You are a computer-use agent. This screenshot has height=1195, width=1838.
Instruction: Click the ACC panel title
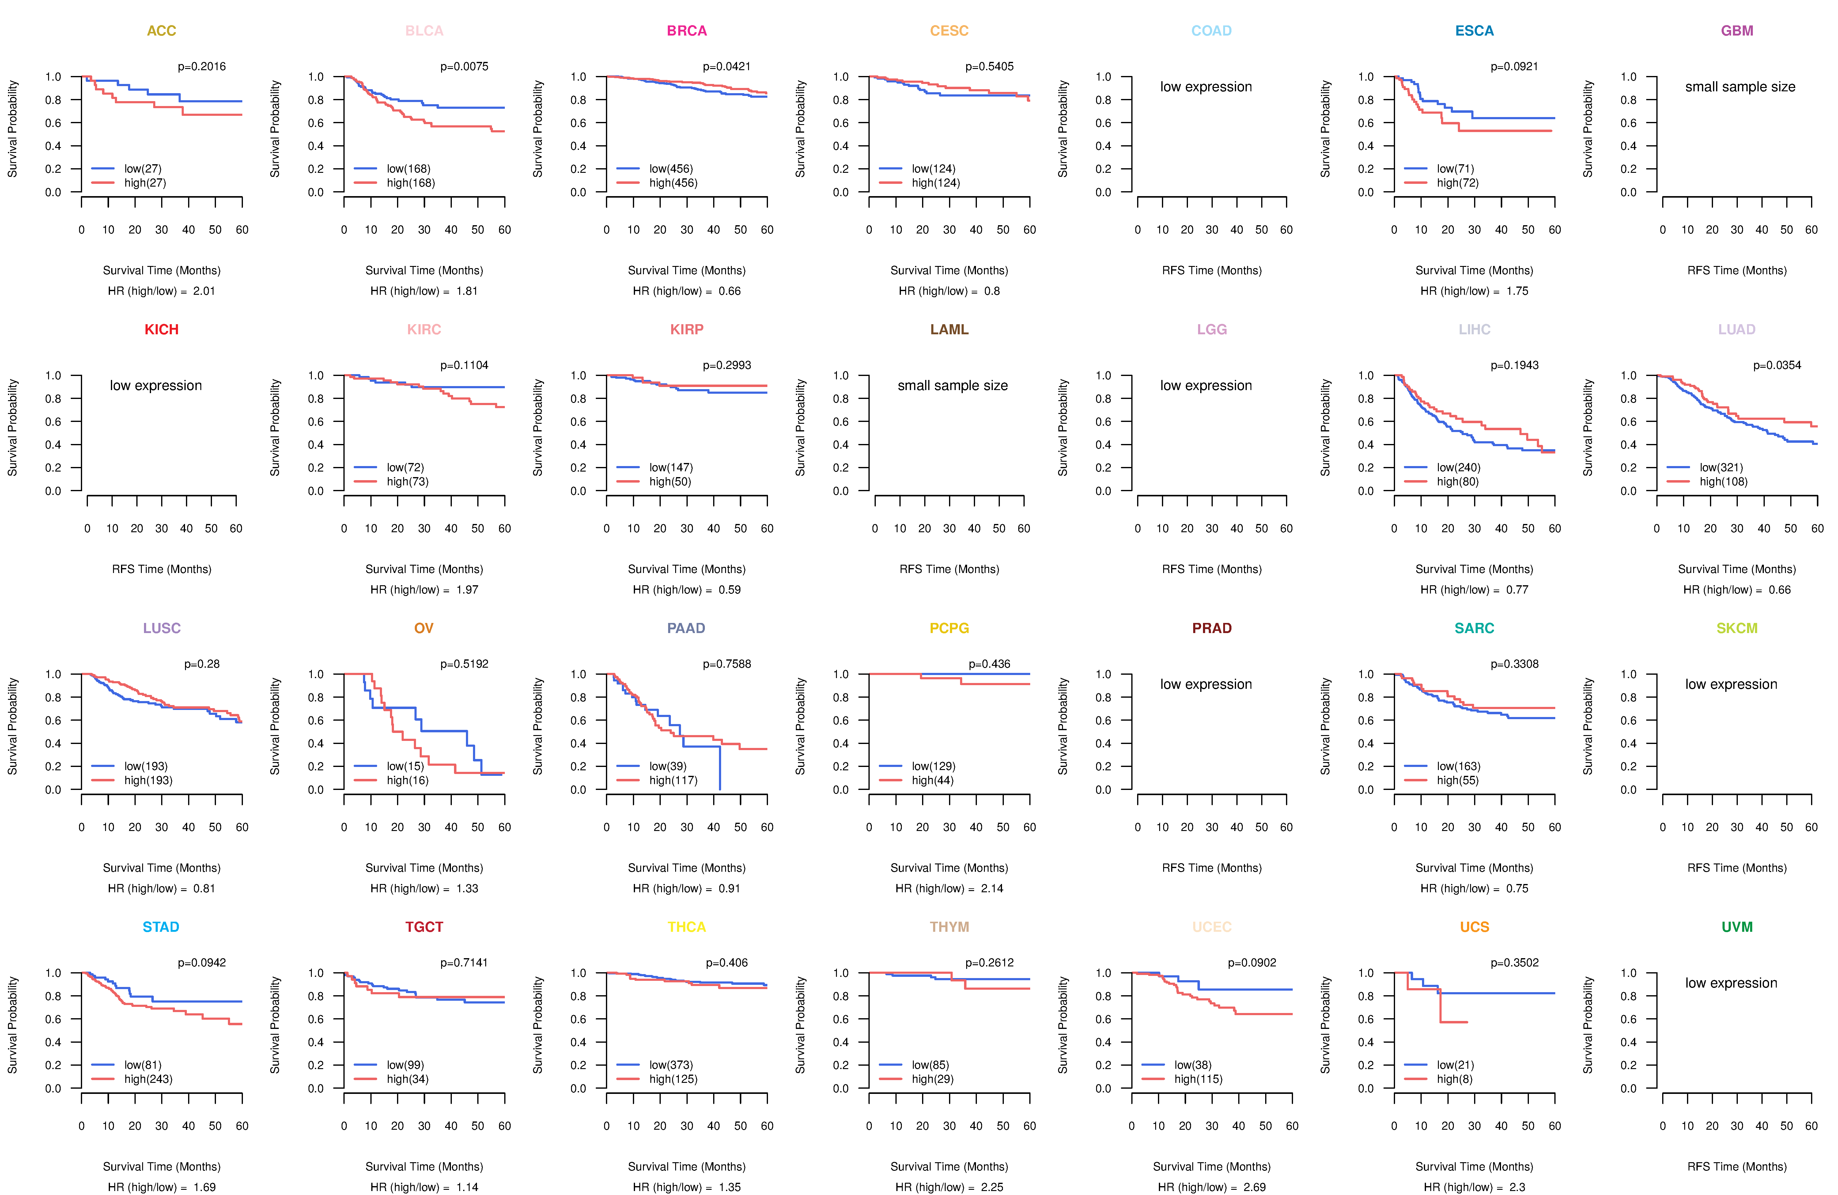coord(161,31)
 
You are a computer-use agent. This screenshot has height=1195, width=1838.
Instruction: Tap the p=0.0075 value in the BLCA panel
coord(464,66)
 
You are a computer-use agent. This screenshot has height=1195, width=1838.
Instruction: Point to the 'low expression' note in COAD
coord(1205,86)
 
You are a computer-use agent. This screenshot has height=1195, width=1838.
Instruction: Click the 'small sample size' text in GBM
coord(1740,86)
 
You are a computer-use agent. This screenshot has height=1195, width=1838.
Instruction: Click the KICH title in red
coord(161,330)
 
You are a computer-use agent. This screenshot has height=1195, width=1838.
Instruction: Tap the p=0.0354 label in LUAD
coord(1777,365)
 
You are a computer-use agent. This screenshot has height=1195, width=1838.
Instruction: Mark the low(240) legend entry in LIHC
coord(1458,467)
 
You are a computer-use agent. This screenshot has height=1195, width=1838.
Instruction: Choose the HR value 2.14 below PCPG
coord(992,888)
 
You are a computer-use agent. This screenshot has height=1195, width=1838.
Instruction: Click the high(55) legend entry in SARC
coord(1457,780)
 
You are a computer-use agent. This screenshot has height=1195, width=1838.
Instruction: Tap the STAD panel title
coord(161,927)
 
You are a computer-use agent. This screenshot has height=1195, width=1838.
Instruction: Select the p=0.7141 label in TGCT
coord(464,962)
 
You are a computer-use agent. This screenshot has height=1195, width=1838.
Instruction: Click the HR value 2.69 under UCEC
coord(1254,1187)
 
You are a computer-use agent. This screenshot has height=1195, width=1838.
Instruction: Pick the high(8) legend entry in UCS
coord(1454,1079)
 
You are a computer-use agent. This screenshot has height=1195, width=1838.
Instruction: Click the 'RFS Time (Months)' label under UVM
coord(1737,1167)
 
